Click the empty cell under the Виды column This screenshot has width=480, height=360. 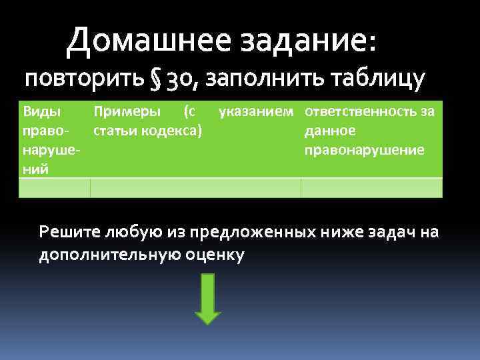[54, 188]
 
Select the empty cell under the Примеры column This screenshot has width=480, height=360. [195, 188]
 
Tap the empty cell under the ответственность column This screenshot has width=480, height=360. [371, 188]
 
